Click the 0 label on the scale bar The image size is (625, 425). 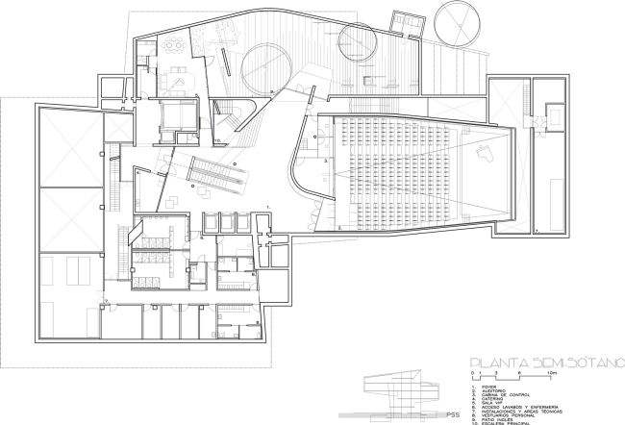(x=471, y=371)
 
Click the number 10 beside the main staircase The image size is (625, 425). (x=218, y=139)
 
